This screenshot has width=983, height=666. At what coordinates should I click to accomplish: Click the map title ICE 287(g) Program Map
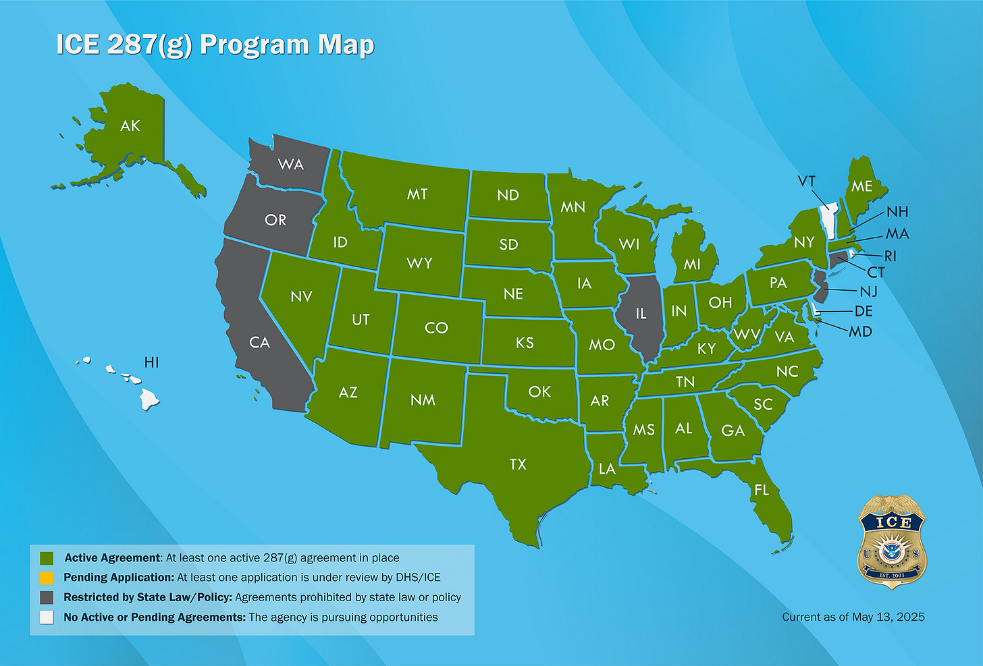pos(215,45)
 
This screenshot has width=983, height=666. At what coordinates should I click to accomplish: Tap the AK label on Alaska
pos(130,126)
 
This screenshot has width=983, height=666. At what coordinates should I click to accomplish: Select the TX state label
pos(518,464)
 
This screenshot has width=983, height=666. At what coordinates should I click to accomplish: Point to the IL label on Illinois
pos(641,314)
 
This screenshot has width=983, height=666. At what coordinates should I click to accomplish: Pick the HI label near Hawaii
pos(152,362)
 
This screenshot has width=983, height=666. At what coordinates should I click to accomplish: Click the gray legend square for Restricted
pos(47,597)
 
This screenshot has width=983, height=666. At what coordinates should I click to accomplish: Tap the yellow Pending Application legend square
pos(47,578)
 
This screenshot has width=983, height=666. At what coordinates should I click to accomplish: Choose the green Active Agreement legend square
pos(47,558)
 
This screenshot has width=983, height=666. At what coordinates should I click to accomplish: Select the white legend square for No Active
pos(47,617)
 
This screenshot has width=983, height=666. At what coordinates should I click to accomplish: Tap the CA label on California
pos(259,343)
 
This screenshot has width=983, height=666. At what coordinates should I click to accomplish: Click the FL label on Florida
pos(762,491)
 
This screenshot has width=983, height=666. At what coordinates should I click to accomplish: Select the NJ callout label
pos(868,292)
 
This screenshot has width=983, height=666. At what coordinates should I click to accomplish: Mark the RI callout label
pos(891,256)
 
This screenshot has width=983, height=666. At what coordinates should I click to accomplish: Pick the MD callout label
pos(860,331)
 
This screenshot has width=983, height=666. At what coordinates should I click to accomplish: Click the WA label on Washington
pos(291,164)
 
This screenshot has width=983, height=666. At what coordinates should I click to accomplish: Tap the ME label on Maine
pos(861,186)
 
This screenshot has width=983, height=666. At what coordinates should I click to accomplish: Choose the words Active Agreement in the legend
pos(113,558)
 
